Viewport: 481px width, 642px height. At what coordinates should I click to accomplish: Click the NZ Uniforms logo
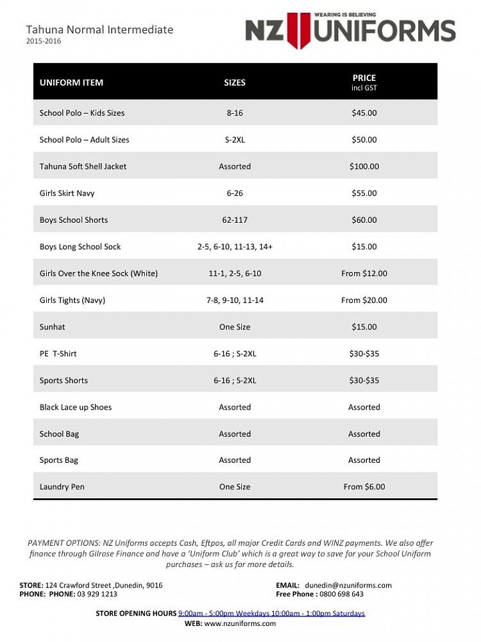350,30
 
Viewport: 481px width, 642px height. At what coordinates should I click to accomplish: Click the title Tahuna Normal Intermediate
99,30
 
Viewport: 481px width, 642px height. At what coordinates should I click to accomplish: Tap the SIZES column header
235,82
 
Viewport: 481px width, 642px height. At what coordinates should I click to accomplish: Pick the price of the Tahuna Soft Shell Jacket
364,166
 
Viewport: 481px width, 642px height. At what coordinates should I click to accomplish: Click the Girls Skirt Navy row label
67,193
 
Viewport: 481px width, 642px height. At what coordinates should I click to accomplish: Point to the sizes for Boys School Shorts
235,220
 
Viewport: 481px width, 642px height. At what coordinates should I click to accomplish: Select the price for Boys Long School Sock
364,247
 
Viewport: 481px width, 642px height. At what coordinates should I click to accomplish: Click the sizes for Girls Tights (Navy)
235,300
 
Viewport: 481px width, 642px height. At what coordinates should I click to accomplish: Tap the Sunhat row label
53,327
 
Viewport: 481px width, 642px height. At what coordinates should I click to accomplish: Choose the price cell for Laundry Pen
364,487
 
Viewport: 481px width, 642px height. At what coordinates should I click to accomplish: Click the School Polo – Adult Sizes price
364,139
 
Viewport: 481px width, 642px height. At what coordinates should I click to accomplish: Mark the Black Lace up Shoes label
76,407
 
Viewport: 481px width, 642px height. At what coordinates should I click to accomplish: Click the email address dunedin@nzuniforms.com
348,585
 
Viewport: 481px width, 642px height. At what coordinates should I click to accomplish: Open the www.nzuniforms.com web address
240,623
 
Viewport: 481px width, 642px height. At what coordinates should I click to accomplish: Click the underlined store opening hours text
271,613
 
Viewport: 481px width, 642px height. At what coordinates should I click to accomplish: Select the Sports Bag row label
59,460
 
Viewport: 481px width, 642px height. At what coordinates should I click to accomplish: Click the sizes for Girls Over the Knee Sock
235,273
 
